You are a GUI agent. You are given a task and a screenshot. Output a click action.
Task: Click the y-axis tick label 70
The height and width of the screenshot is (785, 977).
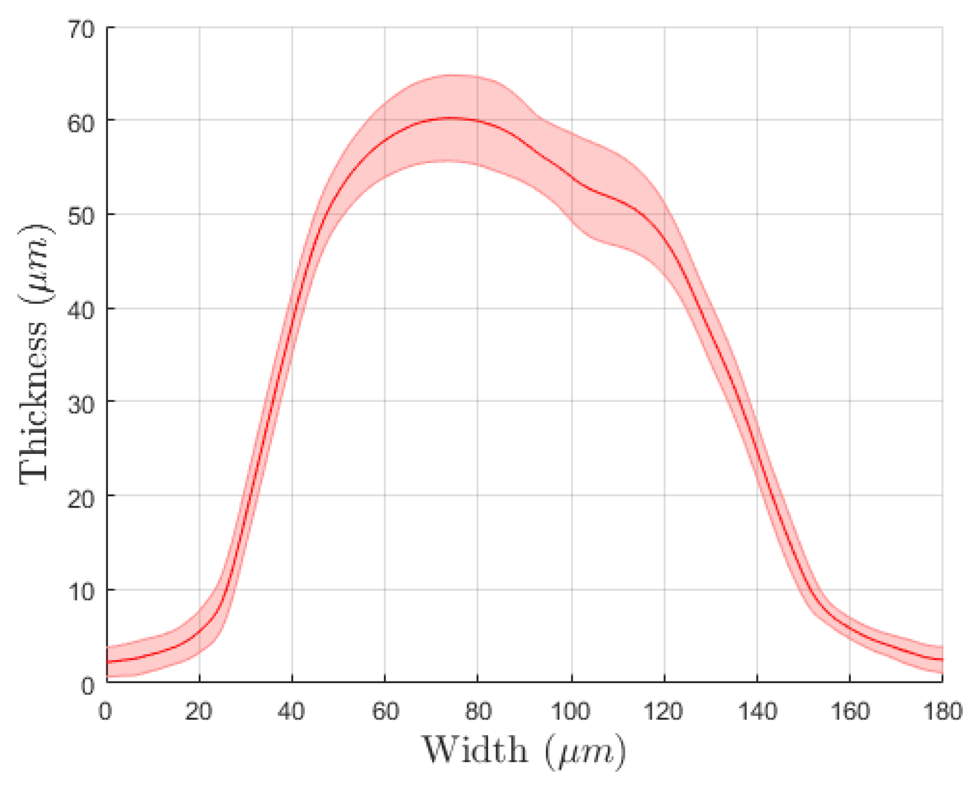81,30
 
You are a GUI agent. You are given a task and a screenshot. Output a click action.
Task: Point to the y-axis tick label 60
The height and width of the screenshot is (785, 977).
81,123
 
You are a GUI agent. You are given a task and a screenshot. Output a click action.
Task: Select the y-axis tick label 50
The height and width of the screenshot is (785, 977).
81,217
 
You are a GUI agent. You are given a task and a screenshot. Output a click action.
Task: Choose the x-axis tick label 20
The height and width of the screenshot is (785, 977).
199,711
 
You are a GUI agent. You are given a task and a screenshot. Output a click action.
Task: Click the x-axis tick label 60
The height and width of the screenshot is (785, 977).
385,711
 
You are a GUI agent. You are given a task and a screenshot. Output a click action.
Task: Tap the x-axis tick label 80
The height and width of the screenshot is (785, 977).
478,711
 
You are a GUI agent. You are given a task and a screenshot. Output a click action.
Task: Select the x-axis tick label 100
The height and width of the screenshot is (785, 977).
571,711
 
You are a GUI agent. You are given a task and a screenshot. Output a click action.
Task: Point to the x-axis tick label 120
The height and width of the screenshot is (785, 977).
664,711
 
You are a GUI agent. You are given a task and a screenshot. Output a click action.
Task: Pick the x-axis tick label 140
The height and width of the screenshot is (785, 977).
757,711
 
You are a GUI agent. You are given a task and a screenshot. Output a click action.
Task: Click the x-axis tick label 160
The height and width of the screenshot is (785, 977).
850,711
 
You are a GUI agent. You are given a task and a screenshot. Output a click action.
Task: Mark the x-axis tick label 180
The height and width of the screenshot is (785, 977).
943,711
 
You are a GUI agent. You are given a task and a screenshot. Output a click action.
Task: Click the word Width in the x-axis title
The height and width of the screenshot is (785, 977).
475,750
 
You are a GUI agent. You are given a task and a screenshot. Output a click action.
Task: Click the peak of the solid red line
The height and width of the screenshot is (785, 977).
451,117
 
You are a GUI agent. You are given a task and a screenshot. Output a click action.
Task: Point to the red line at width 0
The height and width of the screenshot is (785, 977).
108,662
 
